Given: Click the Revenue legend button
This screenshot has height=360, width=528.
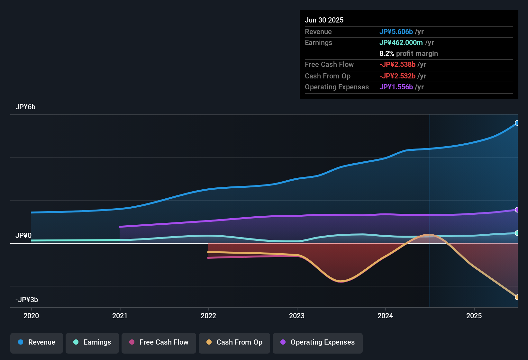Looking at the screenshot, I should click(37, 342).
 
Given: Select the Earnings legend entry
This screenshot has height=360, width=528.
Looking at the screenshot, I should click(92, 342).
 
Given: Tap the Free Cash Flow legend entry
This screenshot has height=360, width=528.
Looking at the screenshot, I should click(159, 342).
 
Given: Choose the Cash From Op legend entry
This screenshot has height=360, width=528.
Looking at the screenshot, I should click(234, 342).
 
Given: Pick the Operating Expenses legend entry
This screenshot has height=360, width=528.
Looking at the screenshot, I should click(318, 342).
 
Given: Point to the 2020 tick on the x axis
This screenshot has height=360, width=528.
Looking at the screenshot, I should click(31, 316).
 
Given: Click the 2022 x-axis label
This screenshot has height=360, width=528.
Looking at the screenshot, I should click(208, 316).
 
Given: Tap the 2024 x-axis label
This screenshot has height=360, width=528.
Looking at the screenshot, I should click(385, 316).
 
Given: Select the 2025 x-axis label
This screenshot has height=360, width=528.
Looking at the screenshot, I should click(474, 316).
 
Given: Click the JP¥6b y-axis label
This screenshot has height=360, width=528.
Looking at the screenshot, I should click(25, 107).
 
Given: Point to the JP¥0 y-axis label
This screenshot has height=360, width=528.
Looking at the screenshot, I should click(23, 236).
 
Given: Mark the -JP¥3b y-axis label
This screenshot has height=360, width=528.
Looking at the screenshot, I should click(27, 300).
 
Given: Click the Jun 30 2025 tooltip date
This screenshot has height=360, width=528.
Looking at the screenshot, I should click(324, 20).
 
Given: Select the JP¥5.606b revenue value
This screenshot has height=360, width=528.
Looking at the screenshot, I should click(396, 32).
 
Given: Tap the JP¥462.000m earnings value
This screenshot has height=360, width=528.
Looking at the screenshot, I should click(401, 43).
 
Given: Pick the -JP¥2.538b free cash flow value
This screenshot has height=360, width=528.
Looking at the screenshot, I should click(397, 65).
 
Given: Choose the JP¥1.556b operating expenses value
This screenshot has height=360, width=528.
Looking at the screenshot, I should click(396, 87).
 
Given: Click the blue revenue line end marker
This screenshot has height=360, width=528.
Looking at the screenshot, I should click(517, 123).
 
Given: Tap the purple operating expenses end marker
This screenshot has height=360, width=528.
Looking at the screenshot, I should click(517, 210).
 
